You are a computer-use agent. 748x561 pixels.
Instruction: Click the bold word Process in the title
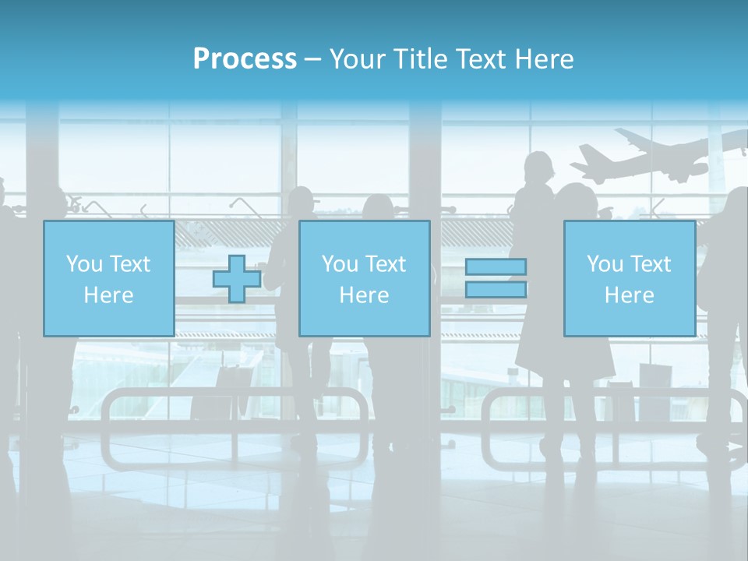pos(245,58)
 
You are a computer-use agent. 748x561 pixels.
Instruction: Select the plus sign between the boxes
pos(237,279)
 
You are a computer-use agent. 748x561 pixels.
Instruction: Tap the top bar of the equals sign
pos(496,267)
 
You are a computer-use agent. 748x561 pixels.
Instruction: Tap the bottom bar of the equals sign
pos(496,289)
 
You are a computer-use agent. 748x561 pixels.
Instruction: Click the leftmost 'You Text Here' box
pos(108,278)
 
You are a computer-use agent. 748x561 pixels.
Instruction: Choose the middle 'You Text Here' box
pos(364,278)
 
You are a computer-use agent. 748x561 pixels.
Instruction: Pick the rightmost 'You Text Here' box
pos(630,278)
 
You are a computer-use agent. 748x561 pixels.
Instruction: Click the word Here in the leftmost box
pos(108,295)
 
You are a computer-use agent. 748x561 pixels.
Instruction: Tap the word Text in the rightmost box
pos(649,264)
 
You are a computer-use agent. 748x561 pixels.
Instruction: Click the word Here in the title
pos(545,59)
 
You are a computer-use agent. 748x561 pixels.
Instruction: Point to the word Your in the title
pos(356,59)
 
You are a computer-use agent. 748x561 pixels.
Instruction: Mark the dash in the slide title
pos(312,59)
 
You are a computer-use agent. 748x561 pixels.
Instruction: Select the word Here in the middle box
pos(364,295)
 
